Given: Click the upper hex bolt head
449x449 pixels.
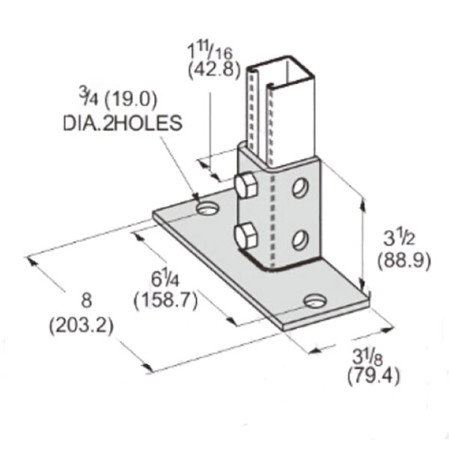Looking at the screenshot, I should pos(244,186).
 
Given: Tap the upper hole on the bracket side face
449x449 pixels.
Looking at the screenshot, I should pos(300,187).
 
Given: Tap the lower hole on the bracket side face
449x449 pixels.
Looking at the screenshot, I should pos(299,239).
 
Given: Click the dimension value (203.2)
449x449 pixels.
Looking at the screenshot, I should pos(81,326).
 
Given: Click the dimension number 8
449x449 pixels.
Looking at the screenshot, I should pos(85,302).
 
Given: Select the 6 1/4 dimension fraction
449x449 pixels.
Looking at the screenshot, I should pos(163,278).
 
